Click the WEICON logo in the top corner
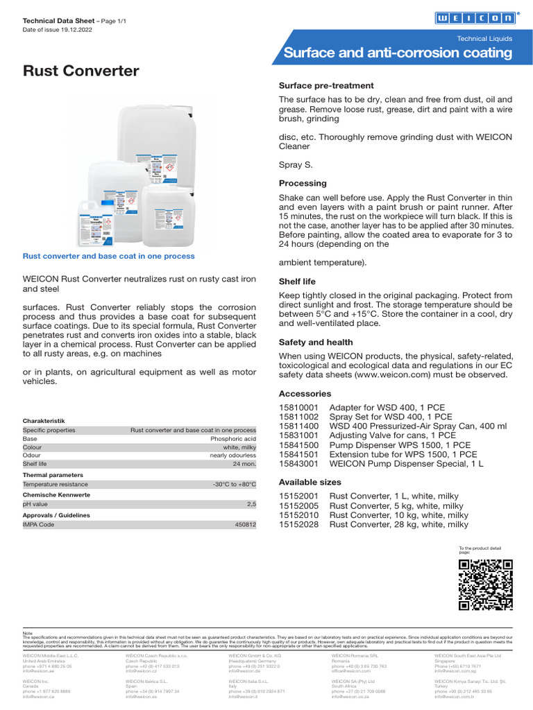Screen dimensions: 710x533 click(475, 19)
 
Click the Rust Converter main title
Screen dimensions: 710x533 click(81, 71)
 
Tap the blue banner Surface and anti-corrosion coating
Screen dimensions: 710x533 click(398, 53)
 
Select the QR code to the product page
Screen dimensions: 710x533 click(486, 585)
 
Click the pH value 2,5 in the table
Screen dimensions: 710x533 click(251, 505)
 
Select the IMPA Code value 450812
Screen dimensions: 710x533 click(244, 526)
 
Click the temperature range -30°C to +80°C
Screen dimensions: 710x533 click(234, 484)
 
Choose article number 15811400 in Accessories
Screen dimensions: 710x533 click(298, 426)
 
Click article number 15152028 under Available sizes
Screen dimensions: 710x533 click(298, 525)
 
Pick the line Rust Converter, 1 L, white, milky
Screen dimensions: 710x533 click(394, 496)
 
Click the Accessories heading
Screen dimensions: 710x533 click(305, 393)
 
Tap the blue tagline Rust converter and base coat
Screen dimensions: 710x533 click(109, 256)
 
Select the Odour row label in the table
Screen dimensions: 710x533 click(32, 455)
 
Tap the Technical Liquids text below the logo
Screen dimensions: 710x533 click(484, 39)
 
